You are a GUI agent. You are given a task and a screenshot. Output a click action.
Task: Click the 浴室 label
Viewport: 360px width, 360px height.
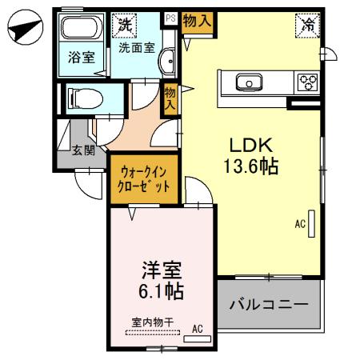[80, 58]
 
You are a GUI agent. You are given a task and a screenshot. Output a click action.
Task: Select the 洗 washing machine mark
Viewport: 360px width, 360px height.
[123, 24]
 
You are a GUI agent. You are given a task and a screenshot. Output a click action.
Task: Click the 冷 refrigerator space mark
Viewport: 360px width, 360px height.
[307, 25]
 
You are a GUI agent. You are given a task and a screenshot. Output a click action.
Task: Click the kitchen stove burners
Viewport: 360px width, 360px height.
[307, 82]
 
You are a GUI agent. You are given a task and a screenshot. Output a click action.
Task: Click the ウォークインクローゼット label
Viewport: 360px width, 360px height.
[145, 177]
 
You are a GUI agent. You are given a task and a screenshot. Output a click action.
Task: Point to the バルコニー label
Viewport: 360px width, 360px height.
[269, 305]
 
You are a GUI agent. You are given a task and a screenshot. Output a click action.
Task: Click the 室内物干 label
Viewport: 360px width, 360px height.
[152, 322]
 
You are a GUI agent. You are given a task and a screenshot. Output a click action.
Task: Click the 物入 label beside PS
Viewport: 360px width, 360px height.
[196, 21]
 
